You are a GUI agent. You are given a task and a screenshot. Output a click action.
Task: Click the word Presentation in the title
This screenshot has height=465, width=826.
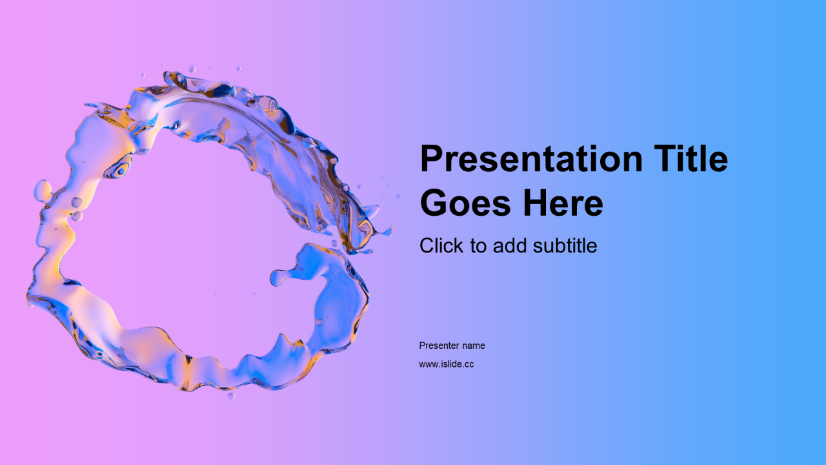(x=531, y=159)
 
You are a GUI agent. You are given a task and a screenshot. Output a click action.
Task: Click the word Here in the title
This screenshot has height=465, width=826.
(x=563, y=203)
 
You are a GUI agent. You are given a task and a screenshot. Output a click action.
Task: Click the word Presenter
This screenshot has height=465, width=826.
(x=439, y=346)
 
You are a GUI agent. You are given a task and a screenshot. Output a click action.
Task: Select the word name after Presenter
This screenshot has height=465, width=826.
(x=474, y=346)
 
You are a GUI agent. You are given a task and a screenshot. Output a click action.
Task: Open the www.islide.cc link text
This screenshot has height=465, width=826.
(x=446, y=364)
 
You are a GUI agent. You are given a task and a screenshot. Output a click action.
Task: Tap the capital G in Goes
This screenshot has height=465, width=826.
(x=434, y=203)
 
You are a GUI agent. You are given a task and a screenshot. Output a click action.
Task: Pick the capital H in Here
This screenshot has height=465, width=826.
(x=536, y=203)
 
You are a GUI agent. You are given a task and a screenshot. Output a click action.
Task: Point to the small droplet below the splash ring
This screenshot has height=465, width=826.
(x=231, y=396)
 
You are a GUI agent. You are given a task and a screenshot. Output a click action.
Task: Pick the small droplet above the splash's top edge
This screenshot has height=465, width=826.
(x=192, y=69)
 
